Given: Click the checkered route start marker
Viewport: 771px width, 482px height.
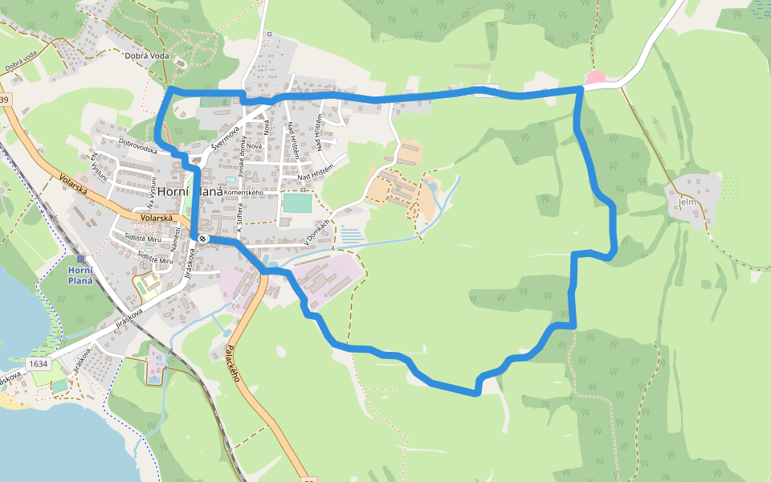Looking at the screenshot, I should (x=202, y=237).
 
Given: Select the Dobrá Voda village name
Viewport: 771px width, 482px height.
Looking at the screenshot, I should (x=148, y=55).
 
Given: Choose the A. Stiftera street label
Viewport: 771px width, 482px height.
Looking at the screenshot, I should (x=239, y=218).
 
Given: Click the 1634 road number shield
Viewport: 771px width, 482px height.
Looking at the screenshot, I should (x=39, y=364).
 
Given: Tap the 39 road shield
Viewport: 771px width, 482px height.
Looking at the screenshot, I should (x=4, y=100).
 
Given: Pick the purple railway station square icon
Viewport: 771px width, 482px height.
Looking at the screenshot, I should (x=80, y=259).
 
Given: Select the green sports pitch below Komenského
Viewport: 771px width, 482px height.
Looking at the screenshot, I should (x=296, y=202).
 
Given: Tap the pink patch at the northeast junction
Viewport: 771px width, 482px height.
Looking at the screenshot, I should (x=596, y=77).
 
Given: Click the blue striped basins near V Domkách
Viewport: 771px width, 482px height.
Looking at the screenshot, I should (x=352, y=235).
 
